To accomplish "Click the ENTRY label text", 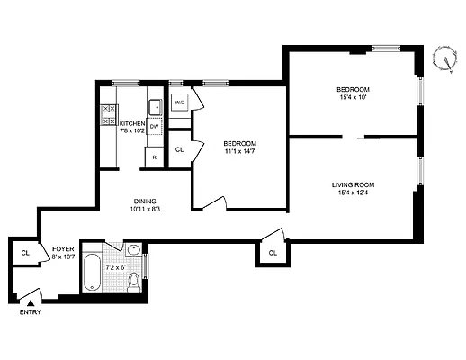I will [30, 312].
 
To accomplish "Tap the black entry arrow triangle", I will [30, 303].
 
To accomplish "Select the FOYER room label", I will [62, 248].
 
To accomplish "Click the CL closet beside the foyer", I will [25, 254].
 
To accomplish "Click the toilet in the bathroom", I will [134, 282].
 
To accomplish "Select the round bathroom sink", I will [133, 251].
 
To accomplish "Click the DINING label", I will [146, 202].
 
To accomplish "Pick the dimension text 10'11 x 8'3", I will [146, 211].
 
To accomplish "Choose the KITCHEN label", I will [132, 123].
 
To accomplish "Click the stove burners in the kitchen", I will [106, 113].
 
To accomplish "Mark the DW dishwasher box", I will [154, 127].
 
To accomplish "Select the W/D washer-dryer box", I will [179, 102].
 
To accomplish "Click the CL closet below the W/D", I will [179, 148].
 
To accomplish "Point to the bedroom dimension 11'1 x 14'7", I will [240, 152].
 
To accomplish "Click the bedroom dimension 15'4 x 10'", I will [354, 98].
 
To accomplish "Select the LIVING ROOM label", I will [353, 184].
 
